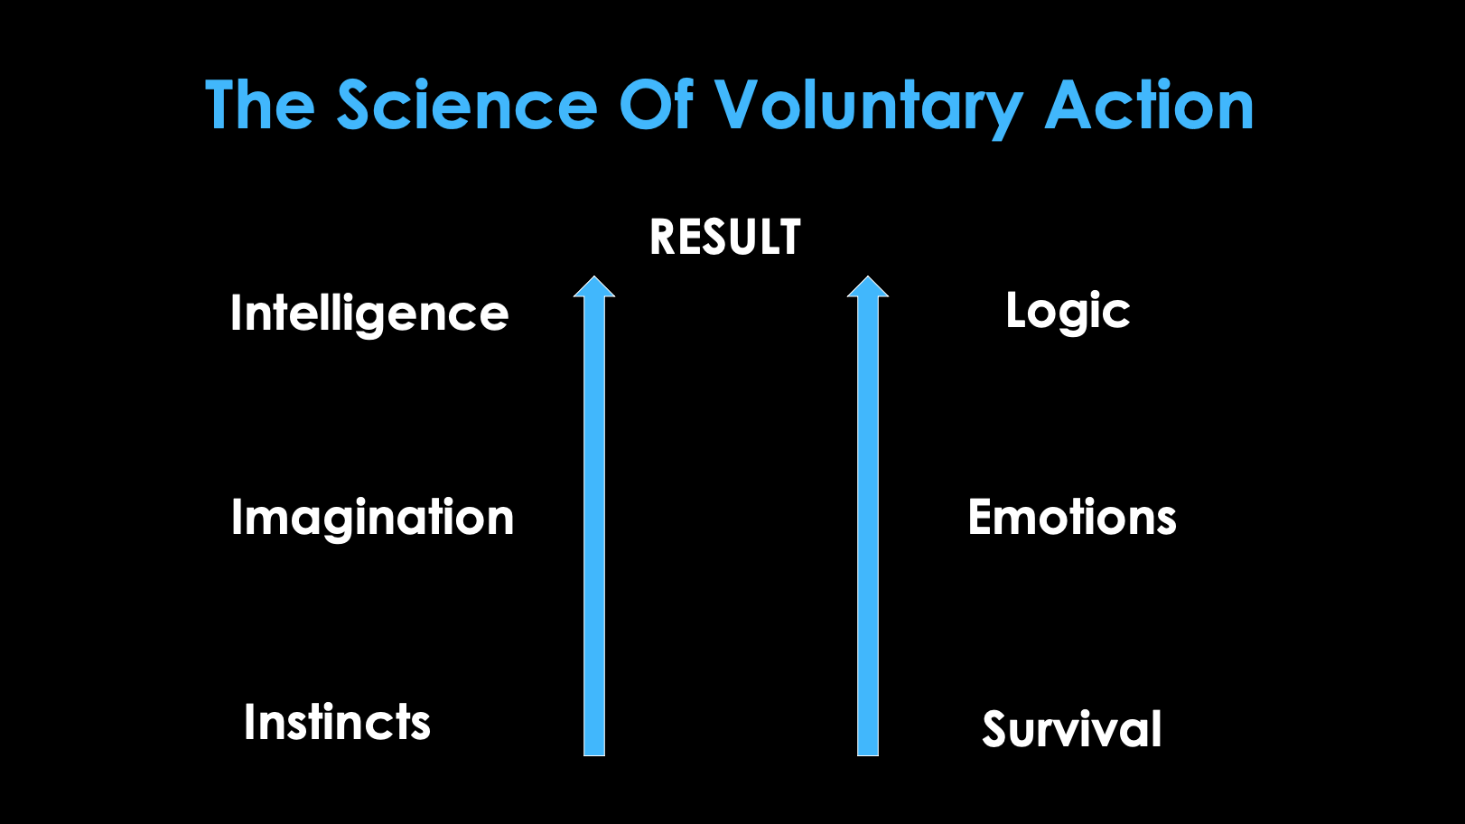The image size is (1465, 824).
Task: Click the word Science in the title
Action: click(x=467, y=105)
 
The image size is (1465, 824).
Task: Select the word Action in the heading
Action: click(x=1149, y=105)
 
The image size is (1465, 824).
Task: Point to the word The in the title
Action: click(x=259, y=105)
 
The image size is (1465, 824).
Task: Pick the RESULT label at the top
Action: click(x=724, y=237)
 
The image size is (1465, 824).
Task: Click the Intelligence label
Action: click(x=369, y=315)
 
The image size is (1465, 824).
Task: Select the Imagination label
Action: click(x=373, y=520)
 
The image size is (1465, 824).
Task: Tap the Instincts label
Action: click(x=338, y=722)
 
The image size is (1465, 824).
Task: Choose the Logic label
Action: click(x=1068, y=313)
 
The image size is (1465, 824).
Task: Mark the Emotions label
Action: click(x=1072, y=517)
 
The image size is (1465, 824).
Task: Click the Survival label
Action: click(x=1072, y=728)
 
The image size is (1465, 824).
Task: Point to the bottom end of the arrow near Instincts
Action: click(x=593, y=755)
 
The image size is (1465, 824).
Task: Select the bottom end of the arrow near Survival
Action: click(x=868, y=755)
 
